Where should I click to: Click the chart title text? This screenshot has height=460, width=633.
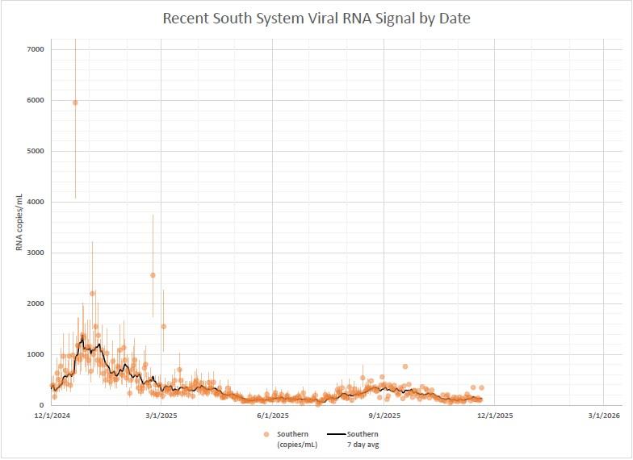pyautogui.click(x=316, y=18)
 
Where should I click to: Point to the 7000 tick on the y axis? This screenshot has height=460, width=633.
pyautogui.click(x=35, y=49)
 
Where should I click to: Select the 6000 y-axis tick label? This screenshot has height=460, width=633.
pyautogui.click(x=35, y=100)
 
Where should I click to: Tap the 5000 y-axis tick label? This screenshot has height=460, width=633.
pyautogui.click(x=35, y=151)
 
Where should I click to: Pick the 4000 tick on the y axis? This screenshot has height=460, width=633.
pyautogui.click(x=35, y=202)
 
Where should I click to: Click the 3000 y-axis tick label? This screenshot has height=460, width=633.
pyautogui.click(x=35, y=253)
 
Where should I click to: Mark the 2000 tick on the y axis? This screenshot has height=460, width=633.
pyautogui.click(x=35, y=303)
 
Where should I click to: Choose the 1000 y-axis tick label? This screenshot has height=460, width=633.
pyautogui.click(x=35, y=354)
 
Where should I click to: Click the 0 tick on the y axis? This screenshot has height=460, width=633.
pyautogui.click(x=41, y=405)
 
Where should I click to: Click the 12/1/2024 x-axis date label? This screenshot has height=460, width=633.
pyautogui.click(x=50, y=416)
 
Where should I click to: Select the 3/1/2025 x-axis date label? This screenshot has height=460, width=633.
pyautogui.click(x=161, y=416)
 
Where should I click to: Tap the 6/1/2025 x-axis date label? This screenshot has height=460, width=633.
pyautogui.click(x=273, y=416)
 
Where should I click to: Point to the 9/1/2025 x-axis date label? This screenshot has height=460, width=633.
pyautogui.click(x=384, y=416)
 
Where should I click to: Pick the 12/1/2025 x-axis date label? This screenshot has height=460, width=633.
pyautogui.click(x=494, y=416)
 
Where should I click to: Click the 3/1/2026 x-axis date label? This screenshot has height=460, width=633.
pyautogui.click(x=604, y=416)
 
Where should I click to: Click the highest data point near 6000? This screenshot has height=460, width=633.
pyautogui.click(x=75, y=102)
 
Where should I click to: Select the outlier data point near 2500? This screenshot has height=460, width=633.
pyautogui.click(x=153, y=275)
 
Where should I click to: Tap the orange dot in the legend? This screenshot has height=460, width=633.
pyautogui.click(x=266, y=434)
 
